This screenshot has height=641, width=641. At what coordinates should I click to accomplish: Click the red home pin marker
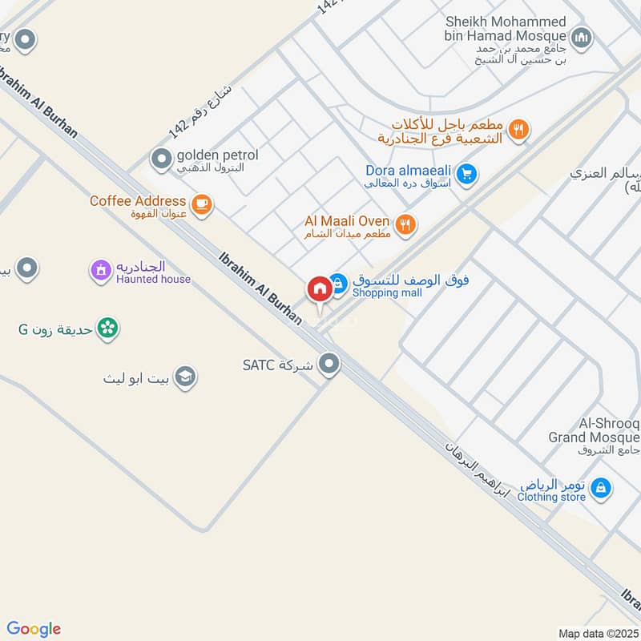319,288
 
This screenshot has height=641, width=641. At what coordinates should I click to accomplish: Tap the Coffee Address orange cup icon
201,205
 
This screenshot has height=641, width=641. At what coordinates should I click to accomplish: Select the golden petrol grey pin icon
162,159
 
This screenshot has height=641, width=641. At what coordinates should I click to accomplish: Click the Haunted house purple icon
101,271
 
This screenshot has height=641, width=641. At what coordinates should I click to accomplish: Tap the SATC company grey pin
329,365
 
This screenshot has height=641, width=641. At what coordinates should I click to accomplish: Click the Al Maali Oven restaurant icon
405,225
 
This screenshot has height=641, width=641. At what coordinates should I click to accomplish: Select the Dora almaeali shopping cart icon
468,173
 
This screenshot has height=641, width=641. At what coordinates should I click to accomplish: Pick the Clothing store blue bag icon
602,486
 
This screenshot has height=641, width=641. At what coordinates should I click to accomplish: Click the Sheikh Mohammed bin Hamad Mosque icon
581,37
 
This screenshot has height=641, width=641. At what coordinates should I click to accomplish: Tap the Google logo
33,629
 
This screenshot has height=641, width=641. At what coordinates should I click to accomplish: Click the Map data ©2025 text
599,634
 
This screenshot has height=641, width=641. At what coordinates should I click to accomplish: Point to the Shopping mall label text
388,293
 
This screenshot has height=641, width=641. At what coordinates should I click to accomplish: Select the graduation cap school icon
186,377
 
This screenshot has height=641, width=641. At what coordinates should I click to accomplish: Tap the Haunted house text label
154,279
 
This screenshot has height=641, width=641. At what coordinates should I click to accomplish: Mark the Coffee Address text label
138,201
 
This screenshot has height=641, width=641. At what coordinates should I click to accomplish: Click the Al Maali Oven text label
347,221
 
